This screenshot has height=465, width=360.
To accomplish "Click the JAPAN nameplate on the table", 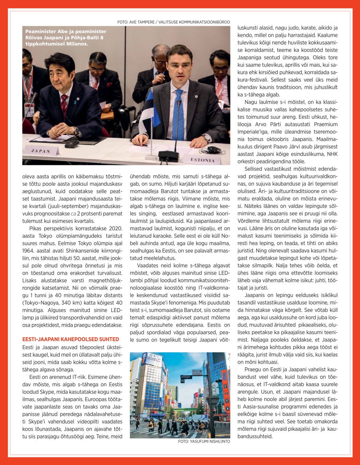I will tap(40, 151).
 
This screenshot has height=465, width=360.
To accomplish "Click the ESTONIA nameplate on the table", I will tap(203, 159).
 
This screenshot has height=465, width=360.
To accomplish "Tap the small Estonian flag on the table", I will tap(147, 111).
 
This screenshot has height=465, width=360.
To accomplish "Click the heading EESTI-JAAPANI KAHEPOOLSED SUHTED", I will tap(71, 339).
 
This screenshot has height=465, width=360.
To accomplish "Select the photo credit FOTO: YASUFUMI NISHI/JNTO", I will tap(204, 441).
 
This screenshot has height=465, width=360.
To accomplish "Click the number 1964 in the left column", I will tap(29, 251).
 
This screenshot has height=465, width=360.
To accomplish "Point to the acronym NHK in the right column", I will tap(332, 154).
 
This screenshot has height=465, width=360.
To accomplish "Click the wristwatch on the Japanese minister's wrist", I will tap(77, 130).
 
